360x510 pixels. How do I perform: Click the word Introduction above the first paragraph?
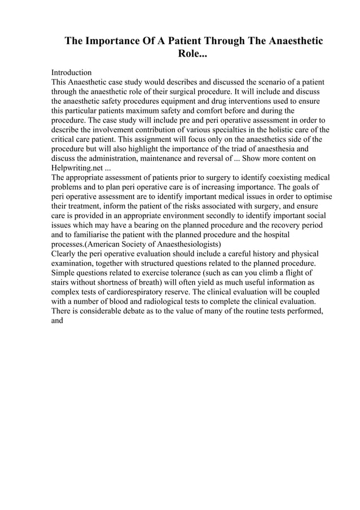click(71, 73)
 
